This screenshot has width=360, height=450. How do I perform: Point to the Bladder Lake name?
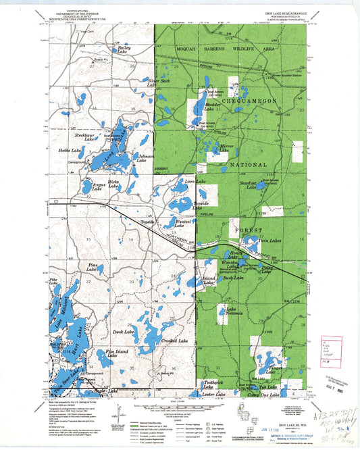click(213, 107)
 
